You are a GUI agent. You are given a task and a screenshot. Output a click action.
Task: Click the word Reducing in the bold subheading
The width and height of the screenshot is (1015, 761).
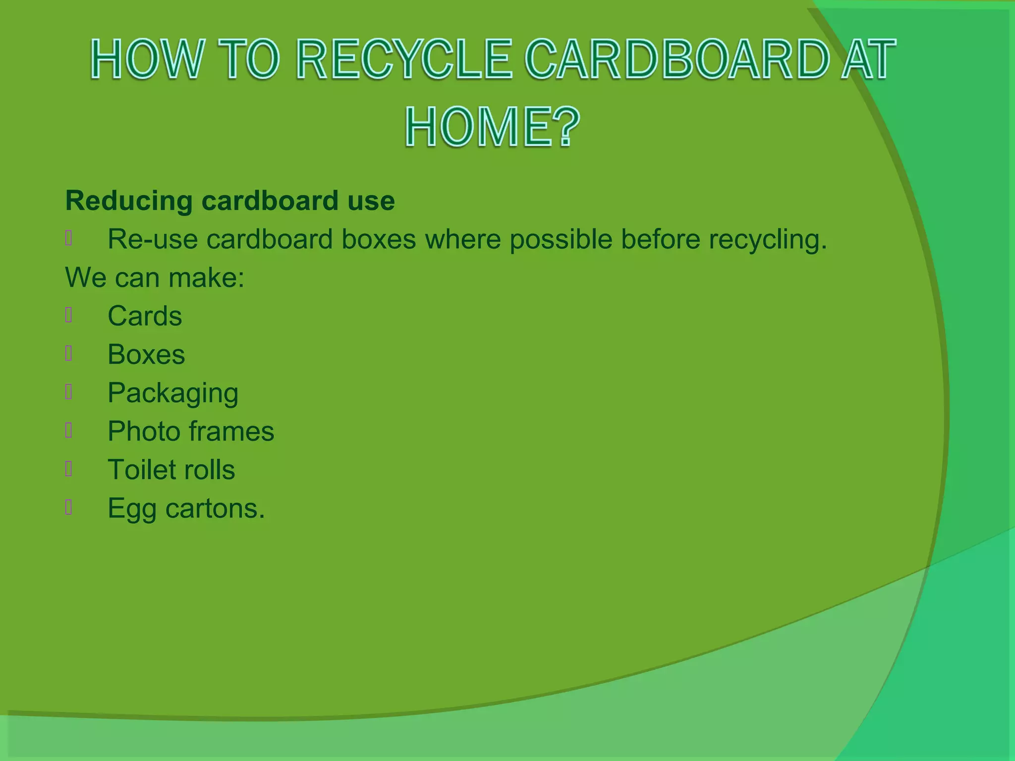coord(129,201)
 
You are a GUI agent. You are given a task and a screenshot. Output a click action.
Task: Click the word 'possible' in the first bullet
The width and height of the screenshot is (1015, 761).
coord(561,239)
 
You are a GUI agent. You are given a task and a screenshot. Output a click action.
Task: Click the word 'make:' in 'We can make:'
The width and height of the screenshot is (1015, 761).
coord(206,277)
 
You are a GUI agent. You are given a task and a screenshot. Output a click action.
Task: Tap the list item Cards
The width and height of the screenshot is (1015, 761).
coord(145,316)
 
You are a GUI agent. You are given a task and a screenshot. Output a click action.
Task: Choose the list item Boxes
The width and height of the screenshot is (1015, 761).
coord(146,355)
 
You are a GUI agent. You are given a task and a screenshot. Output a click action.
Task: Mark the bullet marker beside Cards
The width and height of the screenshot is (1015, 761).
coord(69,315)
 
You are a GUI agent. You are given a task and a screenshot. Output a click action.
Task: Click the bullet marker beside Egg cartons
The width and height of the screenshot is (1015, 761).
coord(69,507)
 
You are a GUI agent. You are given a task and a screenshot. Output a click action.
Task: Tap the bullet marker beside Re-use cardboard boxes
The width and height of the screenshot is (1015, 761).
coord(69,238)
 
